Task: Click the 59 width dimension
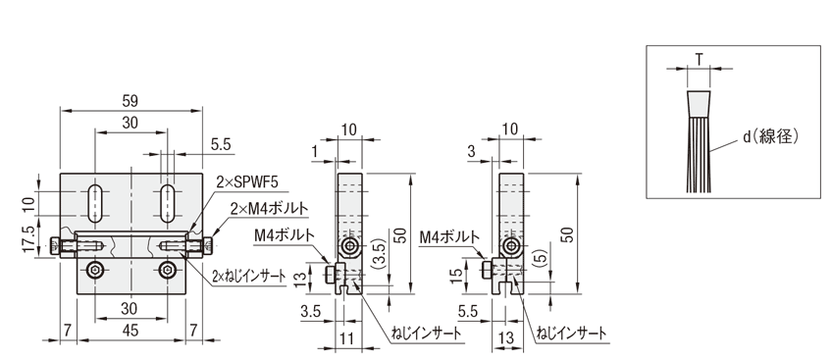click(130, 101)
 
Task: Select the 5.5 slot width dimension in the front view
click(221, 145)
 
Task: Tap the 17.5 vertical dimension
click(28, 239)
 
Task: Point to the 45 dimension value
click(130, 331)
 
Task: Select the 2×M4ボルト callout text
click(269, 208)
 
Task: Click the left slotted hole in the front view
click(96, 204)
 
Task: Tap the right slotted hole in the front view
click(168, 204)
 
